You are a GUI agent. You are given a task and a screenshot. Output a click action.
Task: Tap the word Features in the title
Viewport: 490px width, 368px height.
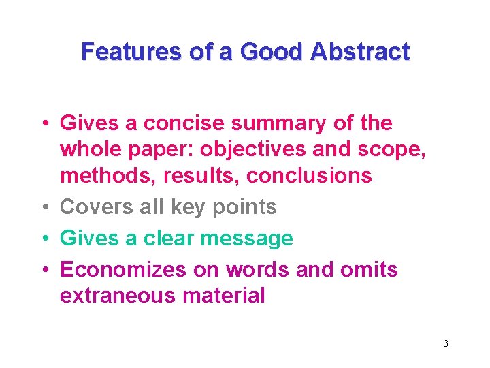point(129,52)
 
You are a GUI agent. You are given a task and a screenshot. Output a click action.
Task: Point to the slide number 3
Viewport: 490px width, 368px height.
point(446,343)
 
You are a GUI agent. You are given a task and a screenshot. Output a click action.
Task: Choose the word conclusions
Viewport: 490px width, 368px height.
point(309,176)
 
